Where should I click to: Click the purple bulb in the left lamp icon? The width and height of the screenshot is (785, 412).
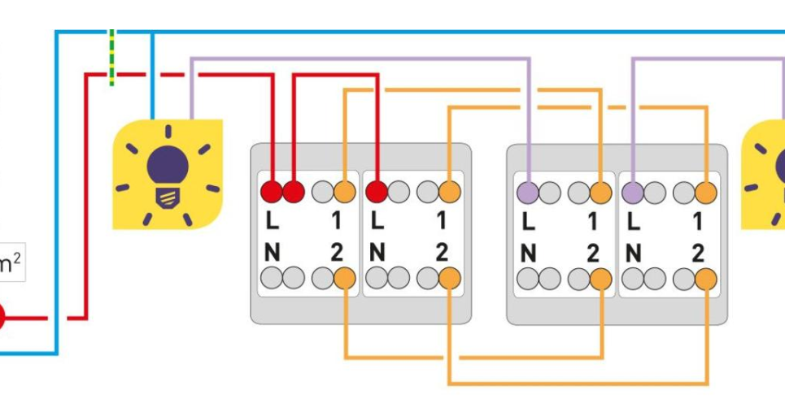pos(168,165)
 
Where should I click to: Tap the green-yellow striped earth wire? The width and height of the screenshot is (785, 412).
pos(111,57)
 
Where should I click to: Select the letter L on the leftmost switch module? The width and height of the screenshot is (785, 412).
pos(272,220)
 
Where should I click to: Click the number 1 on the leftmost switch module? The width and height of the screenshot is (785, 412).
pos(336,220)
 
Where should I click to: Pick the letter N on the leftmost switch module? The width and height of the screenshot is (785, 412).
pos(272,253)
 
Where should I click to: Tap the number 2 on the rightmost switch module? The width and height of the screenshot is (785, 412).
pos(697,253)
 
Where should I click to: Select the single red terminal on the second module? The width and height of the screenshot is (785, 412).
pos(376,192)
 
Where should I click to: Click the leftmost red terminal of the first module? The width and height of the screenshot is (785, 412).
pos(270,192)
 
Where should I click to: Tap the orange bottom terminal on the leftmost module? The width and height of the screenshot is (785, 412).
pos(345,278)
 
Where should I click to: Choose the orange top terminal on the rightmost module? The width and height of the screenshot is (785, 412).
pos(706,193)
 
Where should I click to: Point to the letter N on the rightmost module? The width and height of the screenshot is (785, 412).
pos(634,253)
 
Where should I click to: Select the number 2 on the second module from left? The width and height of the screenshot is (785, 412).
pos(441,253)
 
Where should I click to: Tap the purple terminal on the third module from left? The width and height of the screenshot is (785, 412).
pos(528,193)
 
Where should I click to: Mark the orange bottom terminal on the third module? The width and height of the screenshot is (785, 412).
pos(601,279)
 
